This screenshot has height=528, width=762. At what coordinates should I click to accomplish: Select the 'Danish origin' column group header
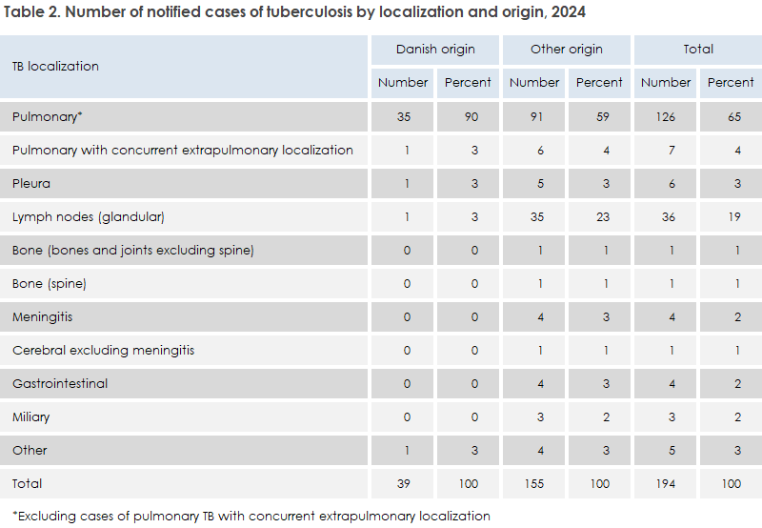[435, 49]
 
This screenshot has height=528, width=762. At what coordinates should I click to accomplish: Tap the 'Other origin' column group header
[567, 49]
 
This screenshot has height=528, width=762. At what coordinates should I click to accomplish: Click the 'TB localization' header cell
[55, 66]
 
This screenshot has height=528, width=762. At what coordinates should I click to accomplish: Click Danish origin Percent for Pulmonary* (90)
[468, 116]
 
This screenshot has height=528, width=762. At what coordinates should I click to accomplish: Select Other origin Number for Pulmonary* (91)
[534, 116]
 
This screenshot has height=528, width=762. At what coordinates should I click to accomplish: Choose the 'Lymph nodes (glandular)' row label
[89, 216]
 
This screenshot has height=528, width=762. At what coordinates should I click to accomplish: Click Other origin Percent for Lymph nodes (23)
[599, 216]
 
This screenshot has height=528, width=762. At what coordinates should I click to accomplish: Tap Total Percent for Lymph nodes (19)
[731, 216]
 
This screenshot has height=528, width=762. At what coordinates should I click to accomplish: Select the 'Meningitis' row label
[42, 316]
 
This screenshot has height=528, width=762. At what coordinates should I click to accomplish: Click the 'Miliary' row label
[31, 416]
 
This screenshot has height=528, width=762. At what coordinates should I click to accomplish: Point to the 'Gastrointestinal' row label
[60, 383]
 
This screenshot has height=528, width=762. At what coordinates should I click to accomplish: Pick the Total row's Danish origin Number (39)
[403, 483]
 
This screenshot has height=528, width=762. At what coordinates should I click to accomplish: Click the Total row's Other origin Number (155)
[534, 483]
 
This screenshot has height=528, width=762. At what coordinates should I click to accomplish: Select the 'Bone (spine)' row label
[50, 283]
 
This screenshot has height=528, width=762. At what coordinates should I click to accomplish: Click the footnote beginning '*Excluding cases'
[251, 516]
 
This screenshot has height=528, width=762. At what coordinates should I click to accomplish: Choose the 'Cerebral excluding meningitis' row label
[103, 350]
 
